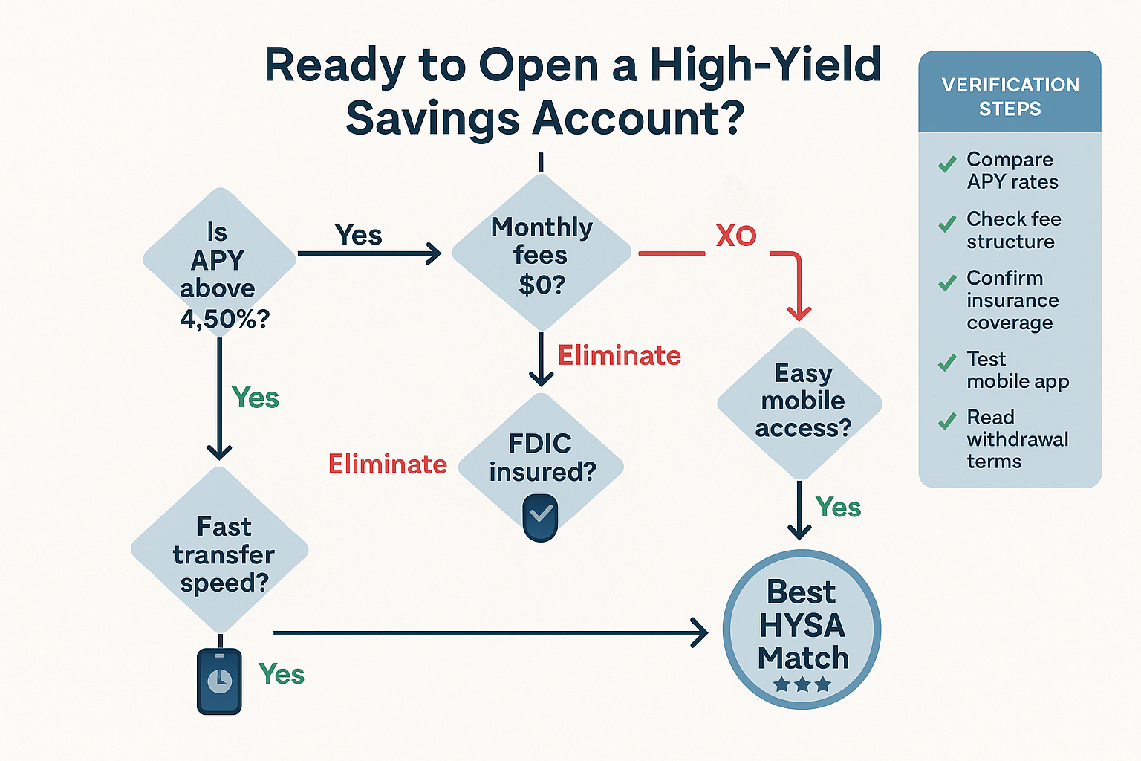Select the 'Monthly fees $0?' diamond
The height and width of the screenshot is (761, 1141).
[542, 253]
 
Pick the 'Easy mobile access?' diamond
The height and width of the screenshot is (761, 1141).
[800, 402]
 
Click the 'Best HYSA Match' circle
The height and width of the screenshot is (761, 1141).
[802, 629]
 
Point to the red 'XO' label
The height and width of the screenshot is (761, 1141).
[735, 236]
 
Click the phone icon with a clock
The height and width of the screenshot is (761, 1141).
[219, 681]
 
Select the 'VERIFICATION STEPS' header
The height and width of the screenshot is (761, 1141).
[1010, 96]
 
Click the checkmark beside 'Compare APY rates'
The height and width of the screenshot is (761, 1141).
[947, 165]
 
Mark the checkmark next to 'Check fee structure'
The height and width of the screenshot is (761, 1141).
[947, 224]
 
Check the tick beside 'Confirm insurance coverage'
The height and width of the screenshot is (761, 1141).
[947, 283]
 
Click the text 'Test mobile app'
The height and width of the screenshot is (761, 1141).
[1017, 370]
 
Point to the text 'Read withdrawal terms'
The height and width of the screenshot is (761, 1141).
[1017, 439]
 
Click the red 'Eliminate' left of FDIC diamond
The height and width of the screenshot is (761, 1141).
[388, 464]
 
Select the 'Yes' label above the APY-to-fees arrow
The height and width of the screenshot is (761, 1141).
[359, 235]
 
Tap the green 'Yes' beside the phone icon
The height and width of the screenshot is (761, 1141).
[282, 675]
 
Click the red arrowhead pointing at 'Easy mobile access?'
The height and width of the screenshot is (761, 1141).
[799, 312]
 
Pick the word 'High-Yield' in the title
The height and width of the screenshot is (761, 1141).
[765, 65]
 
